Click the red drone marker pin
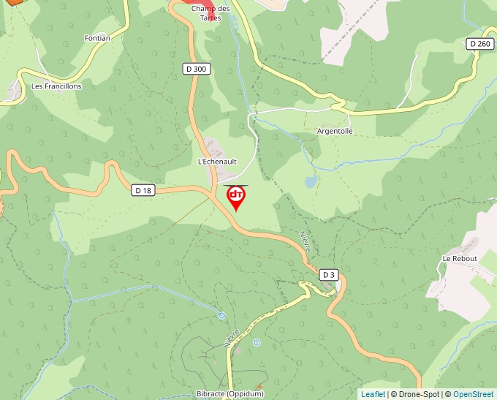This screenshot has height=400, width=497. pyautogui.click(x=236, y=197)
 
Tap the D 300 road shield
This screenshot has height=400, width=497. pyautogui.click(x=196, y=69)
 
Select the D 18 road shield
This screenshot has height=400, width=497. pyautogui.click(x=143, y=190)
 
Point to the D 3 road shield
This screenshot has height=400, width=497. pyautogui.click(x=330, y=275)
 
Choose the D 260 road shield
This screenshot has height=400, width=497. pyautogui.click(x=480, y=44)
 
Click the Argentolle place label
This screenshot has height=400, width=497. pyautogui.click(x=335, y=131)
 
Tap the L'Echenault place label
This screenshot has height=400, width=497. pyautogui.click(x=218, y=161)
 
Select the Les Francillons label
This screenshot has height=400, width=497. pyautogui.click(x=56, y=86)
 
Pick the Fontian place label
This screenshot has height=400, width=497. pyautogui.click(x=97, y=38)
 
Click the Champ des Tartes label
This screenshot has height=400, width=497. pyautogui.click(x=210, y=13)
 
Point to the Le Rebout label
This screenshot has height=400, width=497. pyautogui.click(x=460, y=259)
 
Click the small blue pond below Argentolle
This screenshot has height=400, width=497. pyautogui.click(x=311, y=180)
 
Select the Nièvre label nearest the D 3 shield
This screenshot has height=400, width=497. pyautogui.click(x=306, y=242)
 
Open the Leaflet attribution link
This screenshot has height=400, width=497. pyautogui.click(x=373, y=394)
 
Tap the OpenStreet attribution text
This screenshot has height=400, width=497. pyautogui.click(x=474, y=394)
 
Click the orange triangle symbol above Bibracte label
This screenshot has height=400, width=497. pyautogui.click(x=258, y=386)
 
